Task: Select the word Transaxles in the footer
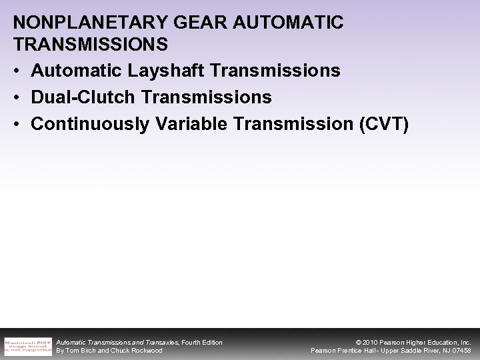pyautogui.click(x=158, y=342)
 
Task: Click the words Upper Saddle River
pyautogui.click(x=407, y=351)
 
